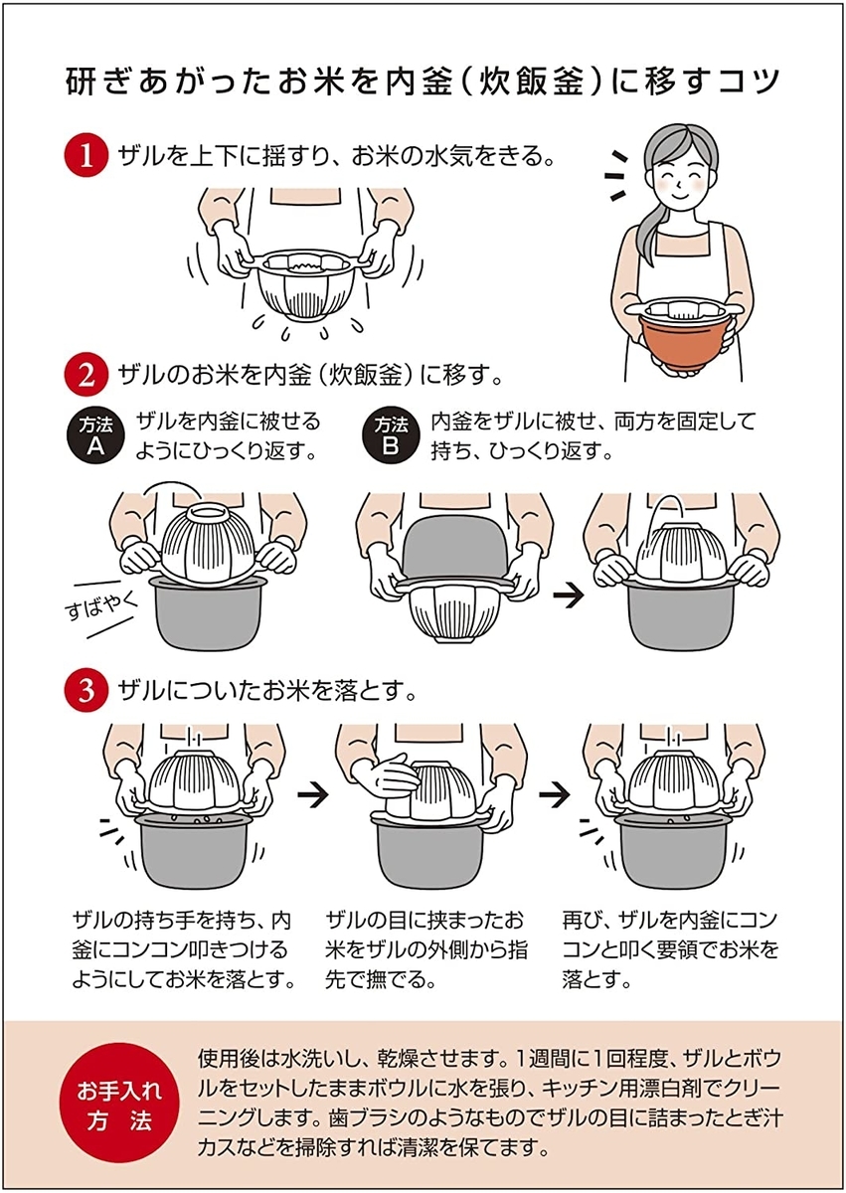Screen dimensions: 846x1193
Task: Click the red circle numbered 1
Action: coord(85,157)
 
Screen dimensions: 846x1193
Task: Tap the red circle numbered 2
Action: coord(85,376)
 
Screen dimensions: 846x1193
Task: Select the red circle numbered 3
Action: coord(85,691)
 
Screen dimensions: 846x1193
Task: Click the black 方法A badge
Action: coord(95,437)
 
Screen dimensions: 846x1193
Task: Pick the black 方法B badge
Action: coord(391,437)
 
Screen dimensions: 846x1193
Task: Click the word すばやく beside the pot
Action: coord(101,605)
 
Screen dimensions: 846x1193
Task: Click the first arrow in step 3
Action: coord(313,795)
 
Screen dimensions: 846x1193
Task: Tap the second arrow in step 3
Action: coord(556,795)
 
